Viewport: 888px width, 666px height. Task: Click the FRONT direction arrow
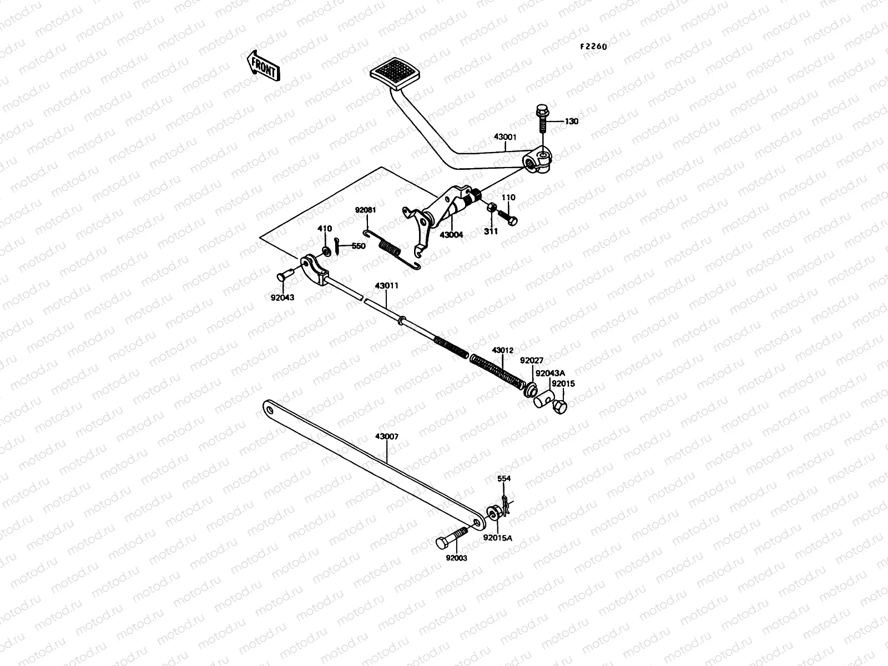(263, 65)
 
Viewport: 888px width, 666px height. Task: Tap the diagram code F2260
(593, 47)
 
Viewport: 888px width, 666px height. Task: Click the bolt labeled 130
(542, 118)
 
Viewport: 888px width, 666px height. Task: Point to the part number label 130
(571, 122)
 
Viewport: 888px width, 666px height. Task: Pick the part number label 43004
(451, 235)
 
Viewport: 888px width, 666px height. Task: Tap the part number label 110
(508, 198)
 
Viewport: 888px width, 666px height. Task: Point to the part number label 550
(359, 246)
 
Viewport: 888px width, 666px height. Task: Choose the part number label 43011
(386, 285)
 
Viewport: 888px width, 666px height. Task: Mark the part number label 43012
(502, 351)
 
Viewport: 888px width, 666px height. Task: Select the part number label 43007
(386, 437)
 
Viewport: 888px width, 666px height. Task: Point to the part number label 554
(503, 478)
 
